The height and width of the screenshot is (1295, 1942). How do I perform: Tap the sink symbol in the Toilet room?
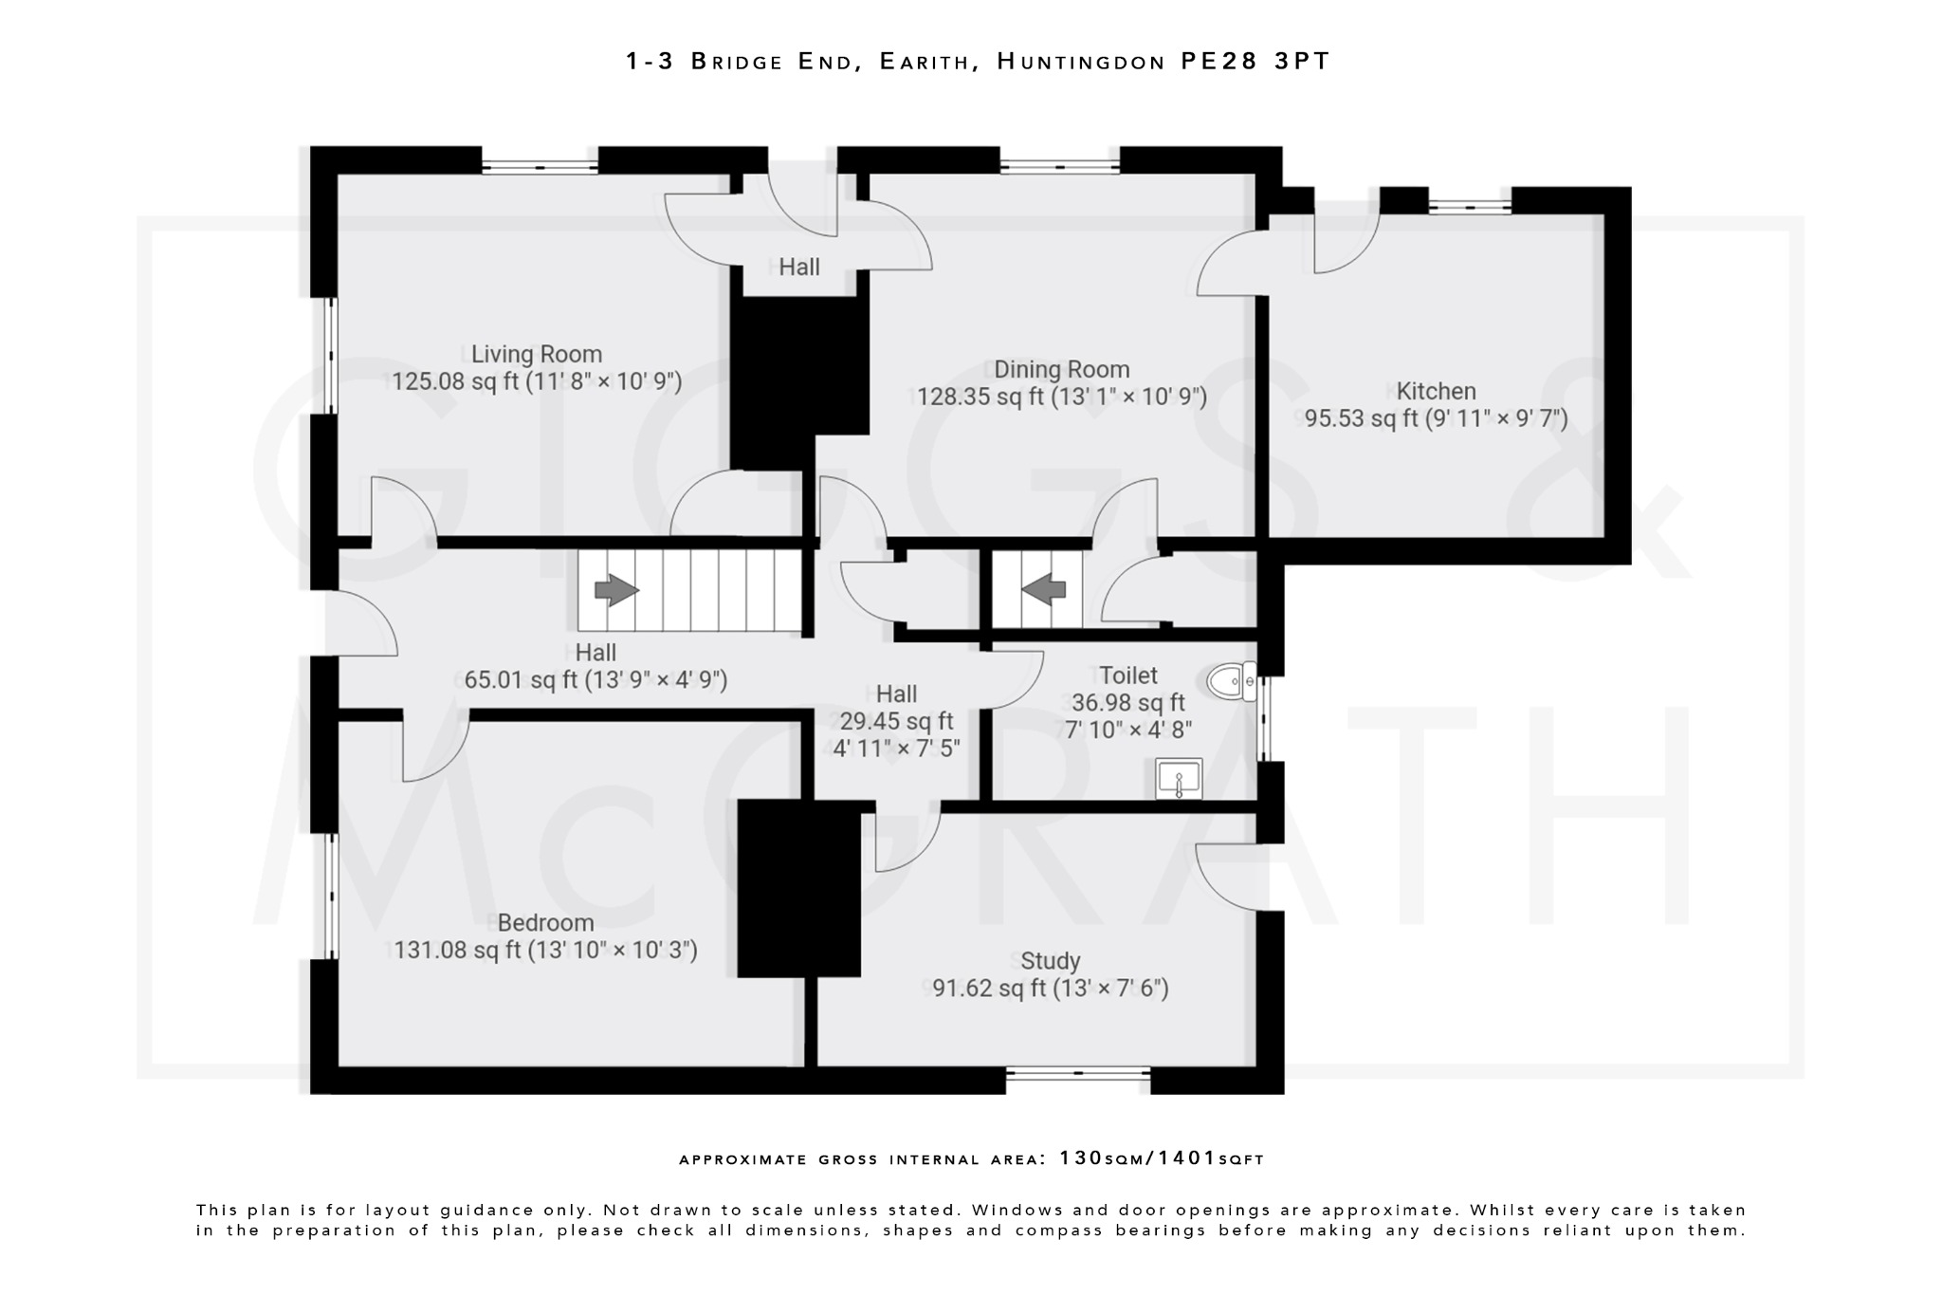[1179, 779]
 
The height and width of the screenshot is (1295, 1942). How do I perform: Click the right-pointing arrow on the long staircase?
[616, 590]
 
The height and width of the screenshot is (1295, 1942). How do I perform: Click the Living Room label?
[537, 354]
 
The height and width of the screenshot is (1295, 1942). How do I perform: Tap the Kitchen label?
[1436, 391]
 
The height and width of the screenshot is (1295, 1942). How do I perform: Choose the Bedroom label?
[545, 922]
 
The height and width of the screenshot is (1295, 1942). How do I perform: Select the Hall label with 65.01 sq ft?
[595, 653]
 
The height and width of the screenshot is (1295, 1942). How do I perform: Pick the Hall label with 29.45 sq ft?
[896, 694]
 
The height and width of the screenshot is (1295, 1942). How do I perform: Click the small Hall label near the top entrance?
[799, 268]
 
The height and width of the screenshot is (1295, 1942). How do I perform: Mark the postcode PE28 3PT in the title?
[1255, 62]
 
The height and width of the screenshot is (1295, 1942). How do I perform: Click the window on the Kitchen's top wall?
[1470, 204]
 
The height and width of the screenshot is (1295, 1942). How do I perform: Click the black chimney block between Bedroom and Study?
[798, 888]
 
